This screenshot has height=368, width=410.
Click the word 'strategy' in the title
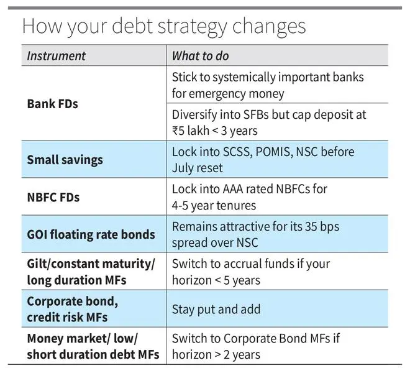point(193,27)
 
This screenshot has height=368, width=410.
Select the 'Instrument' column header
point(56,56)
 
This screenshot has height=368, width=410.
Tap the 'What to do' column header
point(200,56)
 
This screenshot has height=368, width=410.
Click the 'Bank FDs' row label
point(53,104)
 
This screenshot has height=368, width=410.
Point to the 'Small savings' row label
point(65,160)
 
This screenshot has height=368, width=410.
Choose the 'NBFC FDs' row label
point(53,197)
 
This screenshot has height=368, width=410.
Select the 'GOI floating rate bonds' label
point(91,234)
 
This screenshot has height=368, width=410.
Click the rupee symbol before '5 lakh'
point(175,131)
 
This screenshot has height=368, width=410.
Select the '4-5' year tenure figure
point(180,206)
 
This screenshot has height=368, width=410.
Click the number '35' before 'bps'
point(311,226)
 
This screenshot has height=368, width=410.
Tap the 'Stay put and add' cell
point(216,309)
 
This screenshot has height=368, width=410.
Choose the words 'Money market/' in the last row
point(69,338)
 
